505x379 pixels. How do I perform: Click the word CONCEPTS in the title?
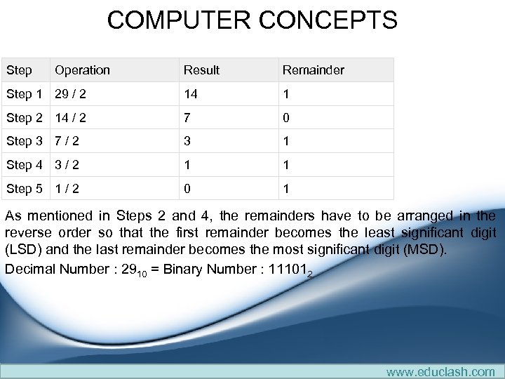pyautogui.click(x=329, y=20)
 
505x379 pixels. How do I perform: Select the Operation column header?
pyautogui.click(x=82, y=70)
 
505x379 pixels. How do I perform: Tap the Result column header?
pyautogui.click(x=201, y=70)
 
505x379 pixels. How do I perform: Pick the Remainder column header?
pyautogui.click(x=313, y=70)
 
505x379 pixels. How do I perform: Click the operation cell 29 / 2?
pyautogui.click(x=70, y=94)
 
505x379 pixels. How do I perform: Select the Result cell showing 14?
pyautogui.click(x=191, y=94)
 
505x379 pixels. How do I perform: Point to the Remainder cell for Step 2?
pyautogui.click(x=286, y=118)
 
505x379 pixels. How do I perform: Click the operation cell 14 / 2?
pyautogui.click(x=70, y=118)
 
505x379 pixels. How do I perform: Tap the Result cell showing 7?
pyautogui.click(x=187, y=118)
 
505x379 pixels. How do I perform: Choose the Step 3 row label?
pyautogui.click(x=25, y=141)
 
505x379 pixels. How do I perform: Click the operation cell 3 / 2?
pyautogui.click(x=67, y=165)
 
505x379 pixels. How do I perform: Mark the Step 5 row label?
pyautogui.click(x=25, y=189)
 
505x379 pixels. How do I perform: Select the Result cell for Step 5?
pyautogui.click(x=187, y=189)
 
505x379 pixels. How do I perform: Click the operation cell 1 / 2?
pyautogui.click(x=67, y=189)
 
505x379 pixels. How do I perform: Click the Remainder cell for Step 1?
pyautogui.click(x=286, y=94)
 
